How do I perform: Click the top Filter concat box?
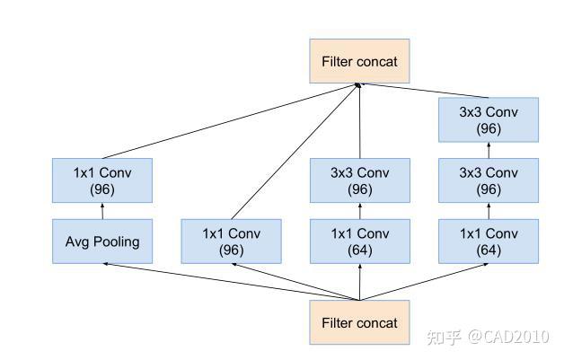(x=358, y=62)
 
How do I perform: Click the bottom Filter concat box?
(x=358, y=322)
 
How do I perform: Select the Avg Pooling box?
(x=102, y=241)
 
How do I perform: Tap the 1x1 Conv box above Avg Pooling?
(x=102, y=180)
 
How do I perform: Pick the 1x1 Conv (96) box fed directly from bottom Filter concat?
(x=231, y=241)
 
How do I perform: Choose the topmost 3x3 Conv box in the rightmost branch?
(x=489, y=119)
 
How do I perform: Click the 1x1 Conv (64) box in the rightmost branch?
(x=489, y=241)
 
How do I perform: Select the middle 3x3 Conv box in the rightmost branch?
(x=489, y=180)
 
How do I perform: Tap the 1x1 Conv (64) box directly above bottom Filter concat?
(x=359, y=241)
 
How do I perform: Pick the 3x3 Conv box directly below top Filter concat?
(x=359, y=180)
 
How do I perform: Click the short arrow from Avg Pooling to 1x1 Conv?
(x=102, y=211)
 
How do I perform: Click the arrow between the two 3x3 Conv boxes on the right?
(x=489, y=150)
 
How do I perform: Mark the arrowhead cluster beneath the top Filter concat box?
(x=358, y=86)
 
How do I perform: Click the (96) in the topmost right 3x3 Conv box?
(x=489, y=128)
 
